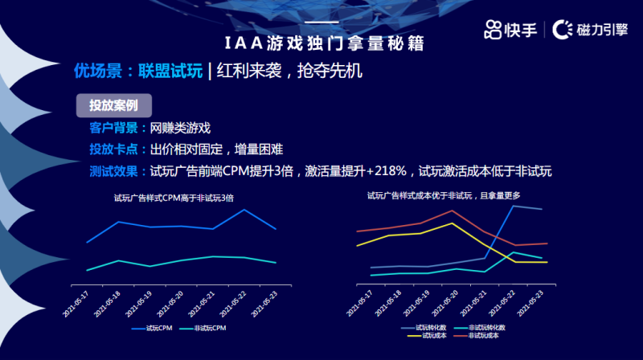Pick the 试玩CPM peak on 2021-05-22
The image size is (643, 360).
pos(244,210)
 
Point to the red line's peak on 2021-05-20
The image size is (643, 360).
pos(455,211)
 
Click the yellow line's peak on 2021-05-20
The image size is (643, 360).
pos(453,223)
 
